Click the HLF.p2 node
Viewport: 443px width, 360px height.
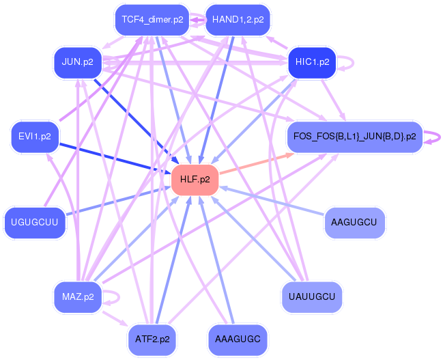(x=195, y=180)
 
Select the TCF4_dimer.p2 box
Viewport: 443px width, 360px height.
(x=152, y=19)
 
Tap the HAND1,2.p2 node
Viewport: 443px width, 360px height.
(x=238, y=19)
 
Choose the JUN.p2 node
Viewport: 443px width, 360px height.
(x=77, y=62)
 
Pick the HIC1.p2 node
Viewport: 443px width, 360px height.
(x=312, y=62)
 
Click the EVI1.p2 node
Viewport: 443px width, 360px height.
(x=35, y=137)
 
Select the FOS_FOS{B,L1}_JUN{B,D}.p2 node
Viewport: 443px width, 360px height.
(x=354, y=137)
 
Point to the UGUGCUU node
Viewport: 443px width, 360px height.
(x=35, y=222)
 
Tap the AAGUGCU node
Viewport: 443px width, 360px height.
(x=354, y=222)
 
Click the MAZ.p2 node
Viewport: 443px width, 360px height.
(x=77, y=296)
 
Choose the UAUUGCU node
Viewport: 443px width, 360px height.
(x=312, y=296)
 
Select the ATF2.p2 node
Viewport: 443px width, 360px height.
(x=152, y=338)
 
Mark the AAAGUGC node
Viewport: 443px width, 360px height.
(x=238, y=338)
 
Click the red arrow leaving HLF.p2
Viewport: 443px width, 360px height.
(x=256, y=163)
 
